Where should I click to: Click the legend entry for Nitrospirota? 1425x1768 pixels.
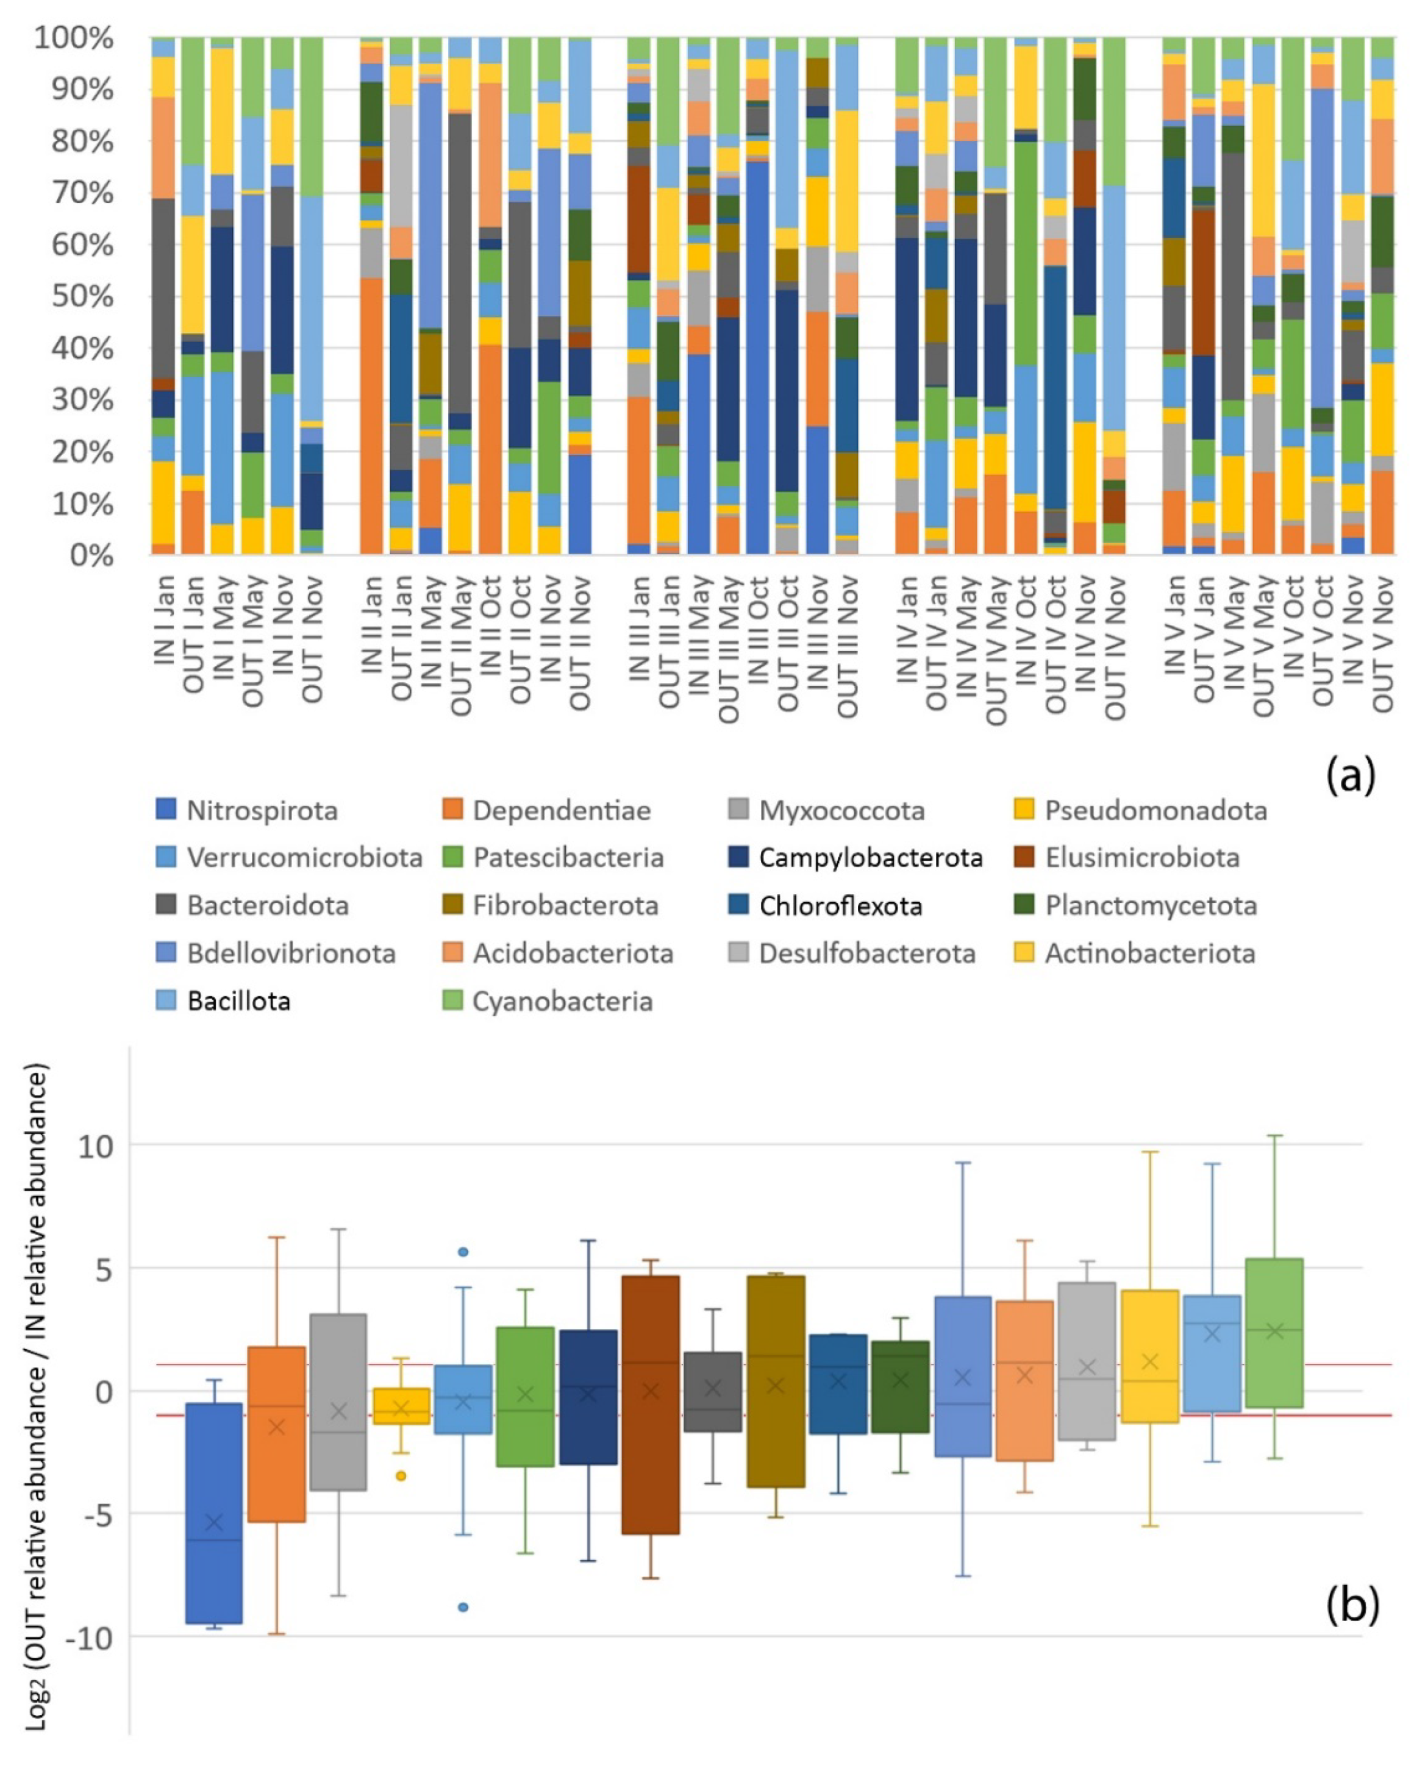pyautogui.click(x=261, y=810)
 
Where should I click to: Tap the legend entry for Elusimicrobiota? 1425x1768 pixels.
pyautogui.click(x=1142, y=858)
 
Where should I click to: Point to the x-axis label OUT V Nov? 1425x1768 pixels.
pyautogui.click(x=1382, y=644)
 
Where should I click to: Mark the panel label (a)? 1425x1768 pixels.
pyautogui.click(x=1350, y=775)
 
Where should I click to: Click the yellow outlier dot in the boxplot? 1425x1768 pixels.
pyautogui.click(x=401, y=1476)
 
